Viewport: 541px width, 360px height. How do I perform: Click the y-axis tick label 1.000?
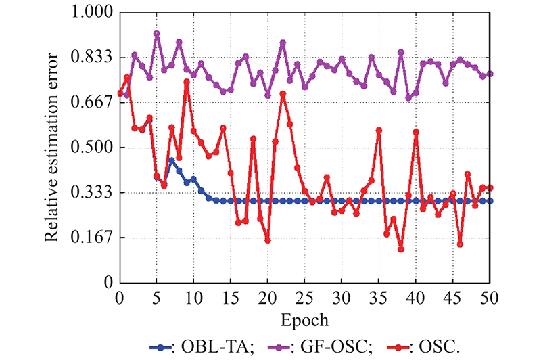click(92, 13)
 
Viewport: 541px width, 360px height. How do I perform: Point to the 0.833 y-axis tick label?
click(92, 58)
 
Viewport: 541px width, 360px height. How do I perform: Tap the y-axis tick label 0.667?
click(92, 102)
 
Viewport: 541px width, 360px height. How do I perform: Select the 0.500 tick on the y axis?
click(92, 148)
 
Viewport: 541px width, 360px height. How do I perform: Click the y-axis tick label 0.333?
click(92, 192)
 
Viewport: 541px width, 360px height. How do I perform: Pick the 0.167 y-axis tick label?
click(92, 237)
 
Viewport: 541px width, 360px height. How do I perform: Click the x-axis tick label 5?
click(157, 297)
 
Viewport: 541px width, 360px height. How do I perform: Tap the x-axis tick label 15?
click(231, 297)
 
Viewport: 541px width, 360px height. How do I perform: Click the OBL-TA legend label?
click(212, 347)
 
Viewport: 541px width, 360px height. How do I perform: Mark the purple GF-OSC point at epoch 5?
click(157, 33)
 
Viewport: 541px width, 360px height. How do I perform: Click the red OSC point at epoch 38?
click(401, 249)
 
